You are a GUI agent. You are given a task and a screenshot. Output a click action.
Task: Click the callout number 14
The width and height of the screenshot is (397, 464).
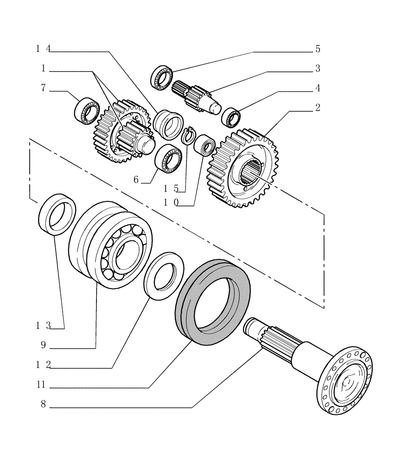(43, 49)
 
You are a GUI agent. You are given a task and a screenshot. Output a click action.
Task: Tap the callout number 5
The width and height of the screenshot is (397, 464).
(317, 49)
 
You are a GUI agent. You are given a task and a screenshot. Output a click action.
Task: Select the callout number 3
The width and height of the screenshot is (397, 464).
(317, 69)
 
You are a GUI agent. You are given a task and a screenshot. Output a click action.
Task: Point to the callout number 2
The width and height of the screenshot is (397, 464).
(317, 108)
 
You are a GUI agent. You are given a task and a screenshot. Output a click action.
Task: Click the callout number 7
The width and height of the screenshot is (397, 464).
(43, 88)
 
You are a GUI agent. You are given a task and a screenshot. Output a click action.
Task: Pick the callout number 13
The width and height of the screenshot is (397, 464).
(43, 326)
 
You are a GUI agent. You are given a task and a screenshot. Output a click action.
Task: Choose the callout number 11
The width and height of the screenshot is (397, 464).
(43, 385)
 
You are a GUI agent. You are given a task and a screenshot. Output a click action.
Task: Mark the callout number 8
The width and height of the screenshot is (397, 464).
(43, 404)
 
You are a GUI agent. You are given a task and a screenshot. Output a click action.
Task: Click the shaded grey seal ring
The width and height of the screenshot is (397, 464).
(213, 302)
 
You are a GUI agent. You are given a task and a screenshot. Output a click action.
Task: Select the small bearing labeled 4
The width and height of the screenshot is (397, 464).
(231, 116)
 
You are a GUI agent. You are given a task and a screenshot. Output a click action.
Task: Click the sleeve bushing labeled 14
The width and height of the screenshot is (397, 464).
(168, 124)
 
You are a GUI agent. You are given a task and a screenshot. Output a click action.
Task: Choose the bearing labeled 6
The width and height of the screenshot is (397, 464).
(168, 157)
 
